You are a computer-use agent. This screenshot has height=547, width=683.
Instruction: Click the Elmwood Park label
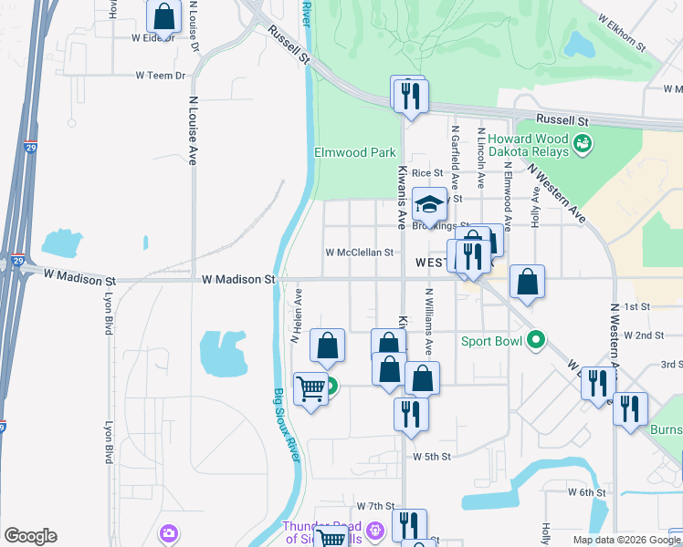pyautogui.click(x=355, y=152)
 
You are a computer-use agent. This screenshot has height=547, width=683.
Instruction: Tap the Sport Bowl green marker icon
pyautogui.click(x=536, y=341)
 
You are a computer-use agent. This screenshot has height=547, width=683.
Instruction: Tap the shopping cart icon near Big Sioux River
pyautogui.click(x=311, y=389)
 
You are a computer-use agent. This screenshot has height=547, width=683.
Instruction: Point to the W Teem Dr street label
pyautogui.click(x=160, y=76)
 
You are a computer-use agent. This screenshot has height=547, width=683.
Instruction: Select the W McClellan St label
pyautogui.click(x=359, y=253)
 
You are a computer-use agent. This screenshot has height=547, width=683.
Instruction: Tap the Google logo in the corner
pyautogui.click(x=30, y=536)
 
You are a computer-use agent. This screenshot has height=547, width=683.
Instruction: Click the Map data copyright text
pyautogui.click(x=625, y=540)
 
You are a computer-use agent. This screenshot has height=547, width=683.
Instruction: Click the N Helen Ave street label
pyautogui.click(x=295, y=315)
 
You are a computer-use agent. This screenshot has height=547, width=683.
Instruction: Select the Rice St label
pyautogui.click(x=426, y=172)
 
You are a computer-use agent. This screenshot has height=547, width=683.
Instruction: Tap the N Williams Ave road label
pyautogui.click(x=428, y=322)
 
